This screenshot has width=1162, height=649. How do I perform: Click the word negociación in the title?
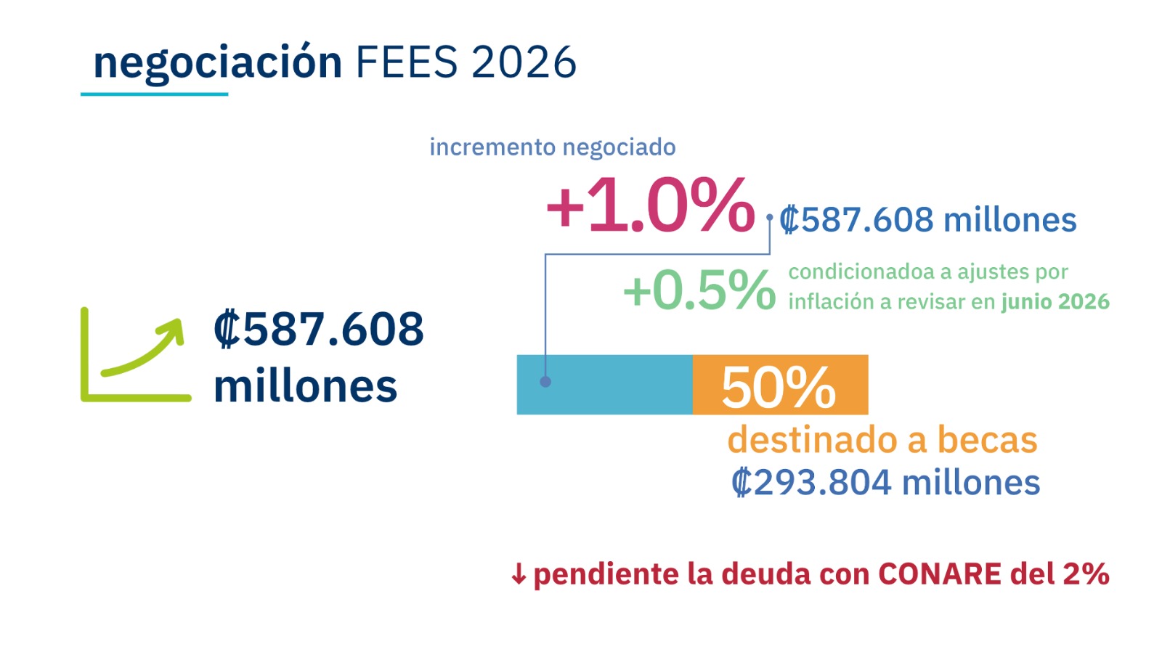click(217, 63)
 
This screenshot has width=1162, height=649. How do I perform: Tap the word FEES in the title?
click(406, 62)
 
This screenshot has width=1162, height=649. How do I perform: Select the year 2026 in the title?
click(524, 62)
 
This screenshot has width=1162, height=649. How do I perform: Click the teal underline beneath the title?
click(154, 94)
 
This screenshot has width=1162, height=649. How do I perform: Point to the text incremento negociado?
click(552, 147)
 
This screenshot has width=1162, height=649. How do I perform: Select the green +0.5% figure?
click(699, 290)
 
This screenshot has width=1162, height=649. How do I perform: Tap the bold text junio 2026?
click(1055, 302)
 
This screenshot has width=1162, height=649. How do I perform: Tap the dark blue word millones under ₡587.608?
click(305, 386)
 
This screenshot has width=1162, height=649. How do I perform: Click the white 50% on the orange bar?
click(778, 387)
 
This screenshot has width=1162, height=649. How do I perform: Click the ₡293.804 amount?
click(810, 483)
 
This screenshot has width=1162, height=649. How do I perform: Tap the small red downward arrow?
click(518, 574)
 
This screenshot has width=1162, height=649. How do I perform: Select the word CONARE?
click(940, 574)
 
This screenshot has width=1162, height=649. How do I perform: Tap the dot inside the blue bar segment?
click(545, 382)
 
